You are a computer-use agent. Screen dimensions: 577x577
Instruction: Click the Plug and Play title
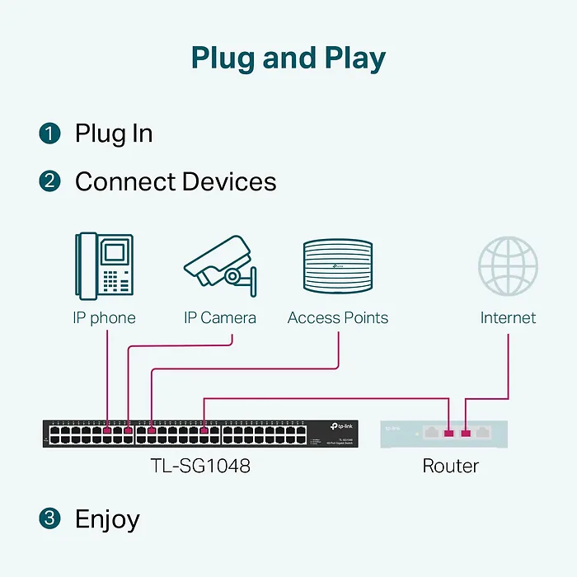(x=288, y=58)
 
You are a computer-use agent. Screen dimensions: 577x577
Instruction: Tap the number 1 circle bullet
(x=49, y=134)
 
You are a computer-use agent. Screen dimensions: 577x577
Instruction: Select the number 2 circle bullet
(x=49, y=181)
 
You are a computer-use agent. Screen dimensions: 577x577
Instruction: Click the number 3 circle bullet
(x=49, y=518)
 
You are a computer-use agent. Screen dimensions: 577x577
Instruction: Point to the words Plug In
(x=114, y=134)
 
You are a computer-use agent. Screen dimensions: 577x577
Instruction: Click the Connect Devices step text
(x=176, y=181)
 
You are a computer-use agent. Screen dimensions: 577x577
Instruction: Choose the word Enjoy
(x=107, y=519)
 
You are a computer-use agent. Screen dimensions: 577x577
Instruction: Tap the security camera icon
(x=220, y=263)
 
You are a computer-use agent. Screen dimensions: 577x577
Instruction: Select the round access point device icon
(x=338, y=265)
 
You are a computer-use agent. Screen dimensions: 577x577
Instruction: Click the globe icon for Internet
(x=508, y=265)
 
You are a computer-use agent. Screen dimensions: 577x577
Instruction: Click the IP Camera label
(x=220, y=318)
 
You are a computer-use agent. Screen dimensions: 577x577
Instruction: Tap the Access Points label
(x=338, y=318)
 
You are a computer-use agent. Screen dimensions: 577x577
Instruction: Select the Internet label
(x=508, y=318)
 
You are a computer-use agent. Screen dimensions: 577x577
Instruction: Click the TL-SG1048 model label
(x=200, y=466)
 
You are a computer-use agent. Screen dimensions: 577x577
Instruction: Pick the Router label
(x=450, y=466)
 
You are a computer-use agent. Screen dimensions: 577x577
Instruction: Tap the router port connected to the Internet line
(x=466, y=432)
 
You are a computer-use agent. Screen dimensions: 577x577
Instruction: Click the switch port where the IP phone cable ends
(x=108, y=430)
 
